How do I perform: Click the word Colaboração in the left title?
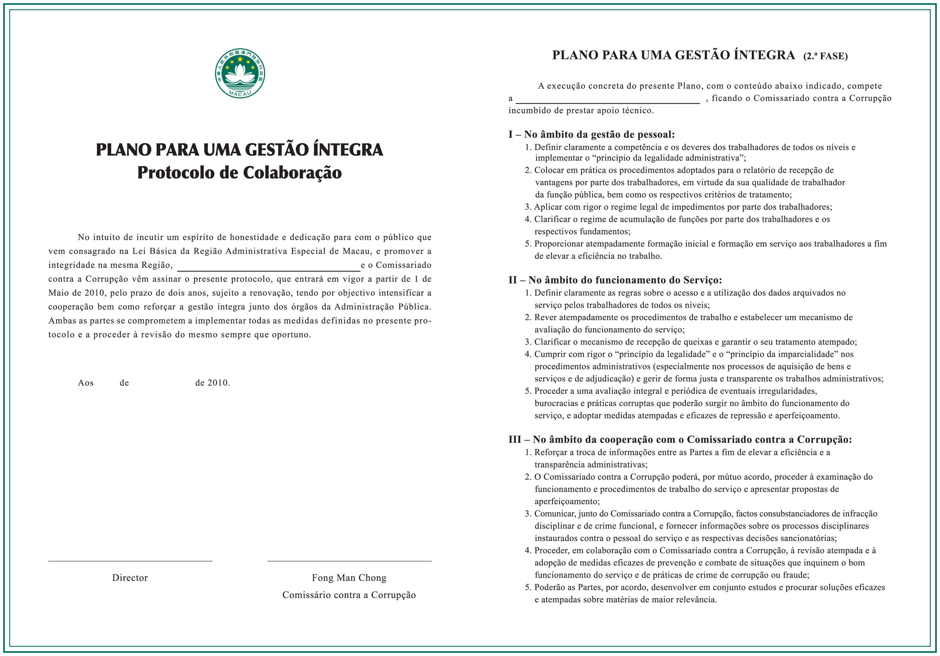[292, 173]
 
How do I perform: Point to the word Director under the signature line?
[130, 578]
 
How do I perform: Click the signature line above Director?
[130, 561]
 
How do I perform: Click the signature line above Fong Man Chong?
[349, 561]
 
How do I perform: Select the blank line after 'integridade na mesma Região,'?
[269, 271]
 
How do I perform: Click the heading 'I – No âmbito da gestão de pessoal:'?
[592, 135]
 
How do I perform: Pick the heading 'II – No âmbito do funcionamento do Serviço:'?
[615, 280]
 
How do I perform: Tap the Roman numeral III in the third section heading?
[515, 440]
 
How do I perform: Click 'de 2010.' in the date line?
[212, 383]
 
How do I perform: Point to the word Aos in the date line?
[85, 383]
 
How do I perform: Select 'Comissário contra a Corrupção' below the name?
[349, 595]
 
